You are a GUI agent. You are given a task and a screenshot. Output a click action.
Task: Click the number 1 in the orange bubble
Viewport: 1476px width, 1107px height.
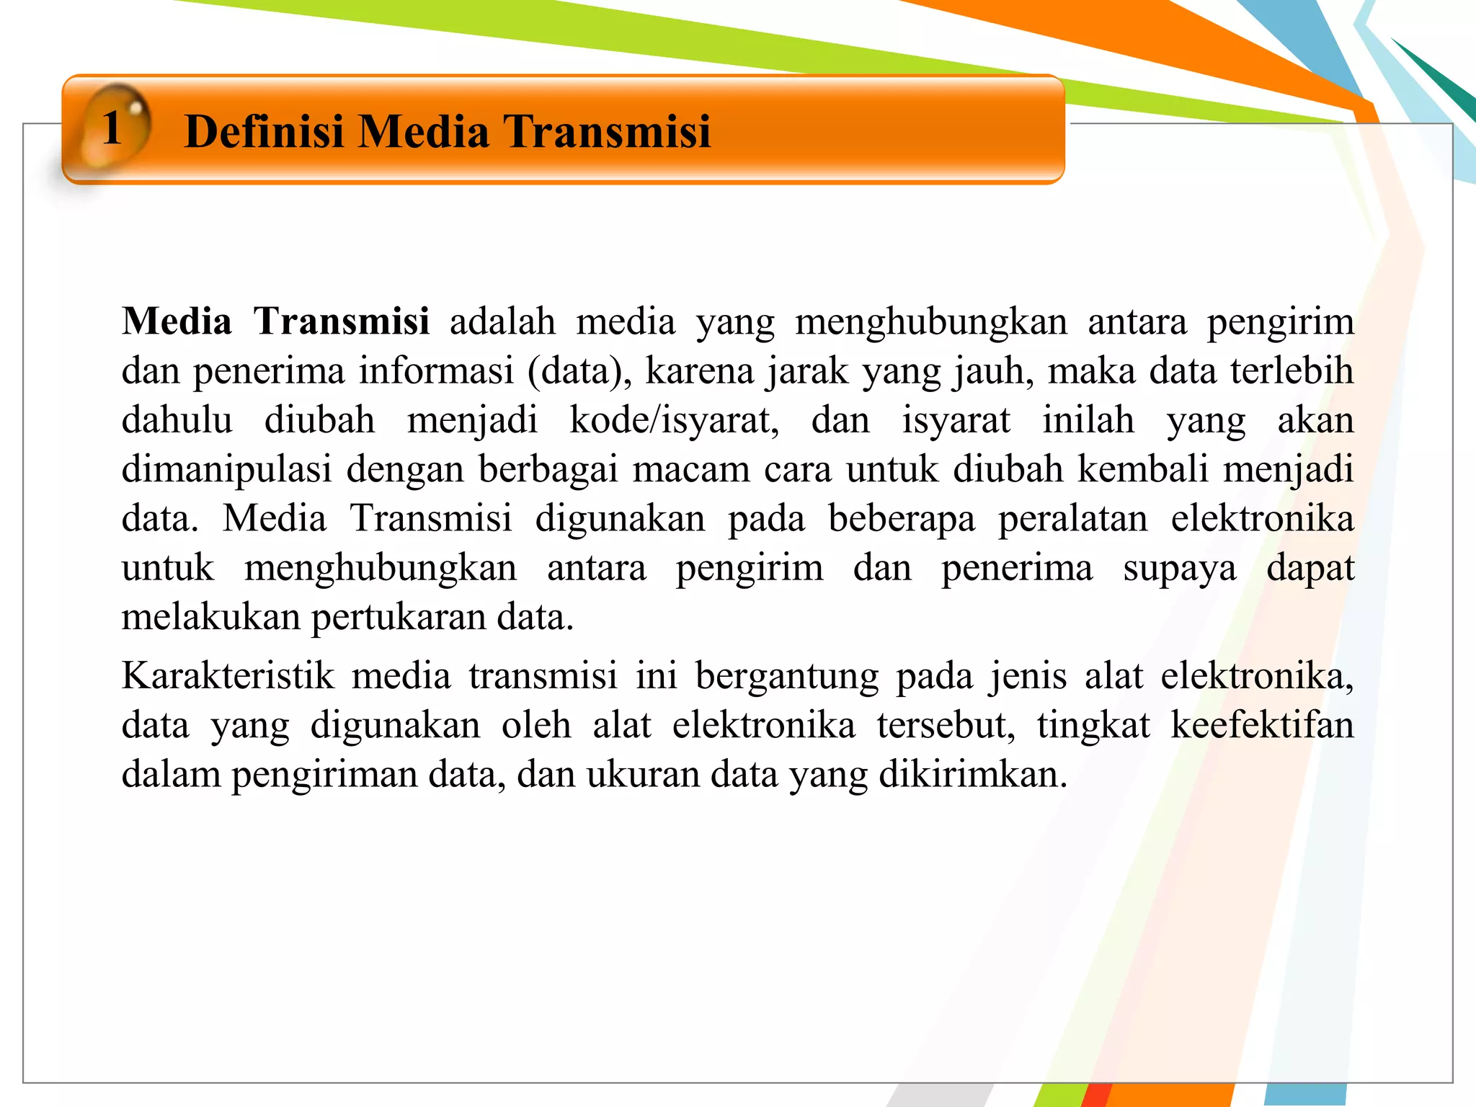click(112, 129)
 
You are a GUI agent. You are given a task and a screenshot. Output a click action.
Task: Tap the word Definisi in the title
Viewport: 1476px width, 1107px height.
click(264, 131)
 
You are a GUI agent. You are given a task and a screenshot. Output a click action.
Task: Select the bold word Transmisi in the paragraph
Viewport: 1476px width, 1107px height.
click(342, 321)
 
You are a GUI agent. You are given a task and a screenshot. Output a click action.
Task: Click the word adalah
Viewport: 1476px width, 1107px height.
click(502, 321)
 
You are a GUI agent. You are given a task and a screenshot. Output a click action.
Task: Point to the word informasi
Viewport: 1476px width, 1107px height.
click(436, 371)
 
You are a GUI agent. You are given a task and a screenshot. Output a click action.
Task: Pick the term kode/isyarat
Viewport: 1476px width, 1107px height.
click(674, 420)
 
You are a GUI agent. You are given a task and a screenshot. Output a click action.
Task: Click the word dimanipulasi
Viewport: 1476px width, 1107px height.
click(226, 470)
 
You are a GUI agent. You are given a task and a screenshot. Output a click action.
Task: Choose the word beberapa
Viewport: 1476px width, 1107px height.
click(902, 519)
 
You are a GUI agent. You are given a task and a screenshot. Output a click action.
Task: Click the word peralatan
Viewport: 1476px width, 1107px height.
click(1072, 519)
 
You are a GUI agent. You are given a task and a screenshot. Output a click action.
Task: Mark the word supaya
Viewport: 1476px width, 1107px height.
click(1180, 569)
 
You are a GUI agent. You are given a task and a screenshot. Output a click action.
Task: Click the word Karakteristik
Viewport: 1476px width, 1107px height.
click(228, 676)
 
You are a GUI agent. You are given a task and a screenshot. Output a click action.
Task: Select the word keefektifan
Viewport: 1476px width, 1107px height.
click(1262, 725)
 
